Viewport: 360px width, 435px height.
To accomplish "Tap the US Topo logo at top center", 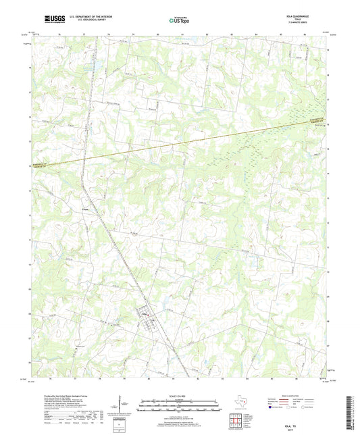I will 180,20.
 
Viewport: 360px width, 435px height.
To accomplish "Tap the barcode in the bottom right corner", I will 349,412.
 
